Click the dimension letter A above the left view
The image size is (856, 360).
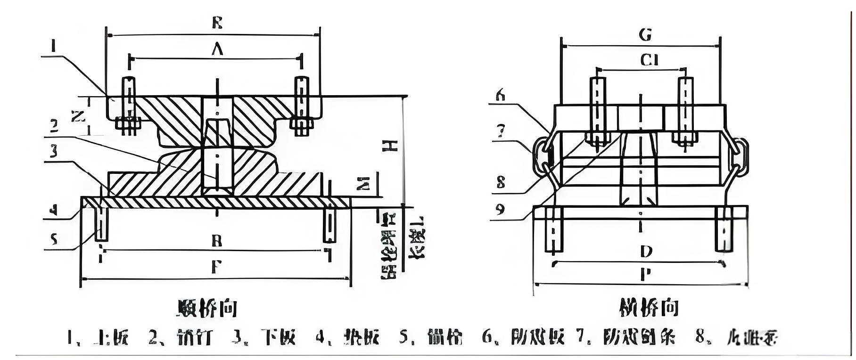tap(216, 49)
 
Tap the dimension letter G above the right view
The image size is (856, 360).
tap(645, 35)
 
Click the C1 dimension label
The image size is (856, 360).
tap(649, 60)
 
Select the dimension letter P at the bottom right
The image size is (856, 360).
tap(646, 275)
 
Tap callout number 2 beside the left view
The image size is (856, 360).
tap(54, 125)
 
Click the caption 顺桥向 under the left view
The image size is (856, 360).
tap(207, 308)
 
